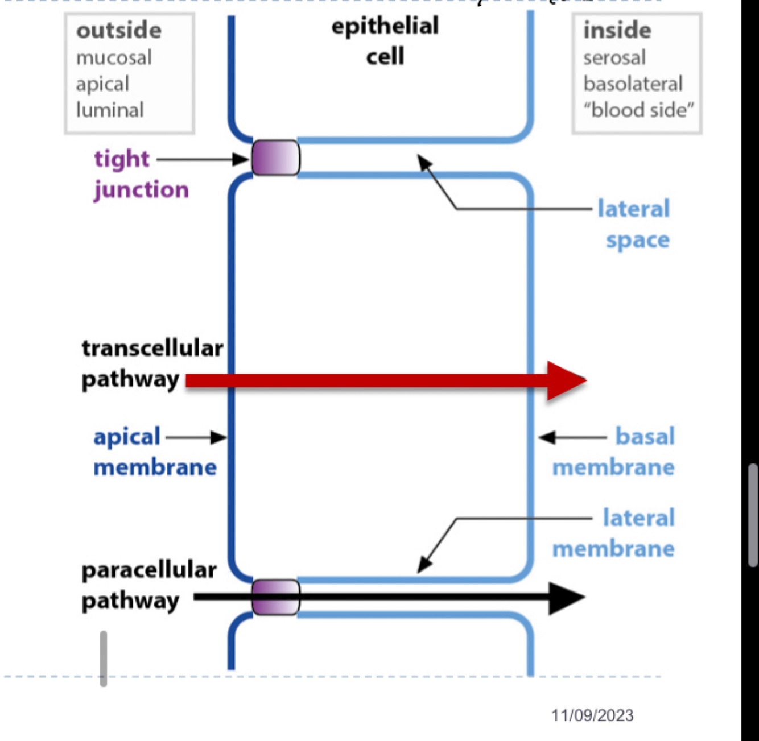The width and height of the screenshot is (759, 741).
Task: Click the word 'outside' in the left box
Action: (x=118, y=30)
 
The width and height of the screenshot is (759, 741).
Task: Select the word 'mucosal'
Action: (x=114, y=57)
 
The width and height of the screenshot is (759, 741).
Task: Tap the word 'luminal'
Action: (x=110, y=110)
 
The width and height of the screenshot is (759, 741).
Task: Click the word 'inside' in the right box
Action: (x=617, y=30)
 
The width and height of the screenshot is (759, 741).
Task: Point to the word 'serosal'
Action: (x=614, y=57)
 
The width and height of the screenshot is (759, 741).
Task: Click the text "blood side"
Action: (x=638, y=110)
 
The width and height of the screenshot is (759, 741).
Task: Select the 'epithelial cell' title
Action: (x=385, y=41)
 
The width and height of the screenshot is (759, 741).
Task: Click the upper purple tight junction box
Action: (x=275, y=158)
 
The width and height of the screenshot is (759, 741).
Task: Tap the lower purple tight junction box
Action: (x=275, y=597)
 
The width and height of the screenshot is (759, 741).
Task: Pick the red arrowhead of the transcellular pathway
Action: (x=566, y=380)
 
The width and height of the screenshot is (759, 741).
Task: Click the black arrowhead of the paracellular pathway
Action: (x=566, y=597)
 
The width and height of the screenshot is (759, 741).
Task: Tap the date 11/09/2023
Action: (x=592, y=715)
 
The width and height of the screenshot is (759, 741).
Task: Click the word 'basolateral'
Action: (x=633, y=84)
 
